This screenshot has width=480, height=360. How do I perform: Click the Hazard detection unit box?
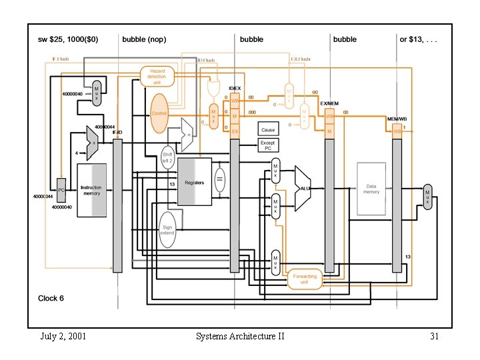point(157,76)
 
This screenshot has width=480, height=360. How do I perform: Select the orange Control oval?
point(159,113)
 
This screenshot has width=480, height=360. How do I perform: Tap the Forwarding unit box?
point(305,279)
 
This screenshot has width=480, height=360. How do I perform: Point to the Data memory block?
point(371,189)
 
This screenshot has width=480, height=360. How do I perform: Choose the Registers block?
point(194,182)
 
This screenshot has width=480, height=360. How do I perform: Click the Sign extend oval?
point(167,230)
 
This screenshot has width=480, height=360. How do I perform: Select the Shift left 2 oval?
point(167,157)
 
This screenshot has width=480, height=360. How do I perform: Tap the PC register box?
point(61,190)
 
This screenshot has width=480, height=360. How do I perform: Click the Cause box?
point(268,130)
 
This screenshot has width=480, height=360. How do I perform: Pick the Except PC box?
point(268,145)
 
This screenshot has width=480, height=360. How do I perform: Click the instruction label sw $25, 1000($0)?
point(67,39)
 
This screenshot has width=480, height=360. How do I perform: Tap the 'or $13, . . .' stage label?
point(419,39)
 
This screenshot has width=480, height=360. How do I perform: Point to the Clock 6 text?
point(51,298)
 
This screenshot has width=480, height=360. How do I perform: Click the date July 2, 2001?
point(63,336)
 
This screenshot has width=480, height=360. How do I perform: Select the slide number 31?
point(433,336)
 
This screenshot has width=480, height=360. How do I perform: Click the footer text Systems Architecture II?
point(240,336)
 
